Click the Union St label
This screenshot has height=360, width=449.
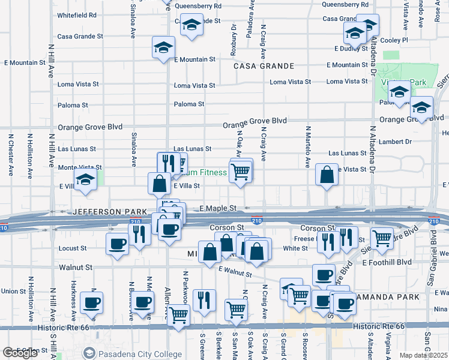[x=13, y=291]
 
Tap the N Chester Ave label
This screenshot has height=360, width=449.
[x=11, y=154]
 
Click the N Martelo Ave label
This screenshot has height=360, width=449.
[x=307, y=146]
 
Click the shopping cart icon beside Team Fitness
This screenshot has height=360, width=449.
[x=241, y=172]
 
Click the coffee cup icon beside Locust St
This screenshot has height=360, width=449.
[x=116, y=244]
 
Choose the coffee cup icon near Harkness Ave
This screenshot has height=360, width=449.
[x=91, y=302]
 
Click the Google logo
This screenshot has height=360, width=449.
[x=20, y=353]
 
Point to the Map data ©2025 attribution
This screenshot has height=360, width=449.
[x=423, y=355]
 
